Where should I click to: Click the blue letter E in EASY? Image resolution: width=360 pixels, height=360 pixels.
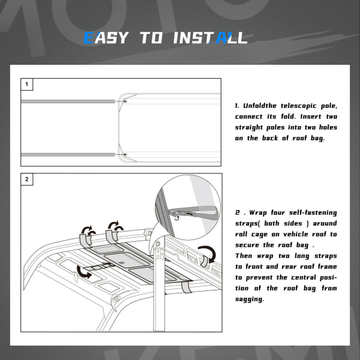89,38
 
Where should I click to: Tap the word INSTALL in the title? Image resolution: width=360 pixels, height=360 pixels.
211,38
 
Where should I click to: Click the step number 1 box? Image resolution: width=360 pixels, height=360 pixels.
27,84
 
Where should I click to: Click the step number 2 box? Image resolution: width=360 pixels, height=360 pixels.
27,179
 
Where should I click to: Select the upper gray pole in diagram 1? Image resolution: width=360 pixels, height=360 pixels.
68,101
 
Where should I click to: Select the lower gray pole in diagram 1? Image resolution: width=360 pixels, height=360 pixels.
68,155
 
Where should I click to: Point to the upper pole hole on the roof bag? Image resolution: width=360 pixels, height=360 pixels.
125,101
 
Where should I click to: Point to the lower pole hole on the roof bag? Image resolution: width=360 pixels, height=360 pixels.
125,155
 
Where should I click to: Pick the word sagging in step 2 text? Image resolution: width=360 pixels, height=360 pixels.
250,299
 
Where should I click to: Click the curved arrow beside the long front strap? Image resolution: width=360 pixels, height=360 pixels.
83,272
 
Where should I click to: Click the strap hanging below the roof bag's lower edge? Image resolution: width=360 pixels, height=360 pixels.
187,287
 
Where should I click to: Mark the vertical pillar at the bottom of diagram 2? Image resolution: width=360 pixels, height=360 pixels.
159,284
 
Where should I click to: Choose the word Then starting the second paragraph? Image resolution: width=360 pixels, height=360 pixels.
244,256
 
